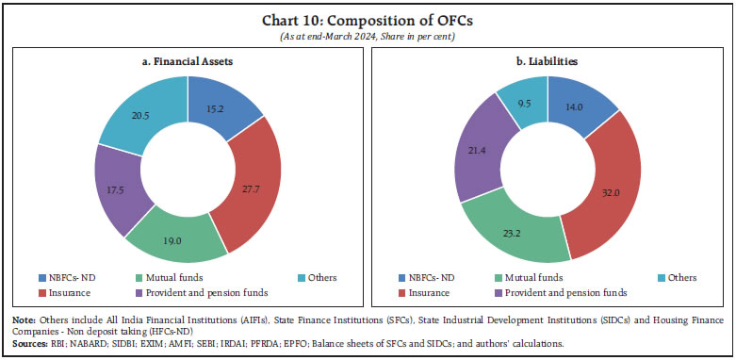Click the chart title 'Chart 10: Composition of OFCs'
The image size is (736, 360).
368,18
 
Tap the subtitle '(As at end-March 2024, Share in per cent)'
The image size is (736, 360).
368,33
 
